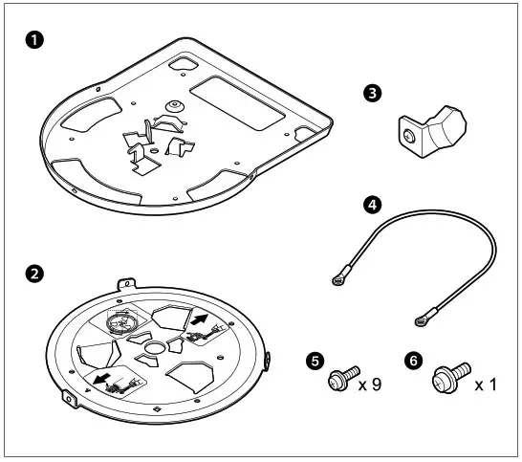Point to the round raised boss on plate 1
[x=174, y=104]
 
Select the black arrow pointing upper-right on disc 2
[x=202, y=320]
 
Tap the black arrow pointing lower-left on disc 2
[x=99, y=376]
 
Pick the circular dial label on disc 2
[x=120, y=323]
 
